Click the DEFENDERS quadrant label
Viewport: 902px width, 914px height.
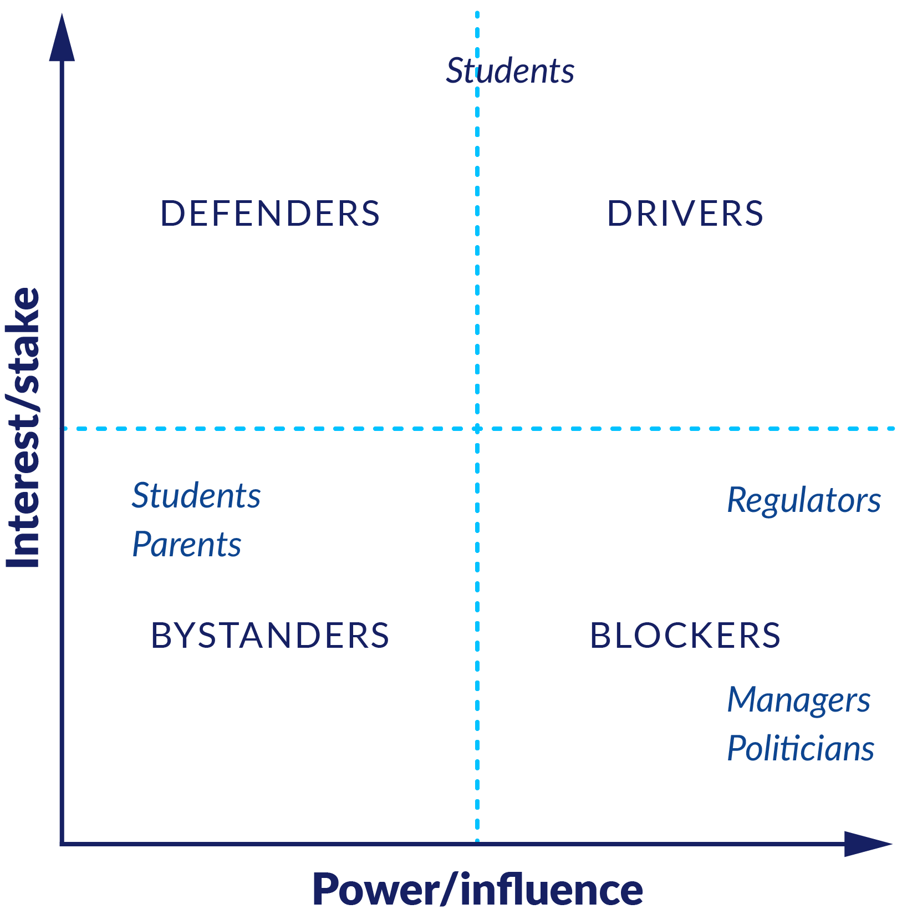270,214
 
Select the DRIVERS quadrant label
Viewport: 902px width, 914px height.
685,214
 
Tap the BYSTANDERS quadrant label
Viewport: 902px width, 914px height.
270,635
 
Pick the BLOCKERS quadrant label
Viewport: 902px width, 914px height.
685,635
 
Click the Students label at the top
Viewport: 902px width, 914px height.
510,71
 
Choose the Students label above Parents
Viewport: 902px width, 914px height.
196,495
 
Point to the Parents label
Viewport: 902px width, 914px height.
187,544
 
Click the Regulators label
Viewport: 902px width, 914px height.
804,501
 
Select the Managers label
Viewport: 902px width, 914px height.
799,700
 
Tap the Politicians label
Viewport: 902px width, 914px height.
801,748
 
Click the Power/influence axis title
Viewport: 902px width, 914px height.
478,890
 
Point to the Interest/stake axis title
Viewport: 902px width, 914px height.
23,428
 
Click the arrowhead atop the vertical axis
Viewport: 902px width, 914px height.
62,38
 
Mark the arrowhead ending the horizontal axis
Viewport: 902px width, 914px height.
868,844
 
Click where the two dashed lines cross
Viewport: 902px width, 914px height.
477,429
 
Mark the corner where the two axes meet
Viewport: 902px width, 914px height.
62,844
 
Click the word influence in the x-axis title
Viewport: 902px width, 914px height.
552,890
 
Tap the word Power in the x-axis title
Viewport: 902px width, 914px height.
377,890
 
